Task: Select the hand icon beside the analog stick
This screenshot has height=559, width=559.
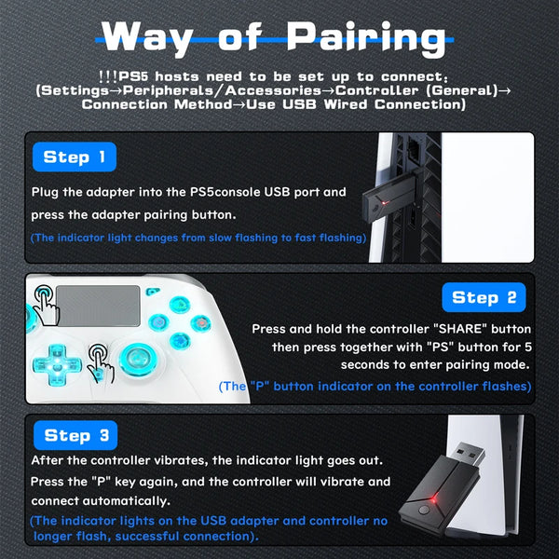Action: [101, 360]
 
